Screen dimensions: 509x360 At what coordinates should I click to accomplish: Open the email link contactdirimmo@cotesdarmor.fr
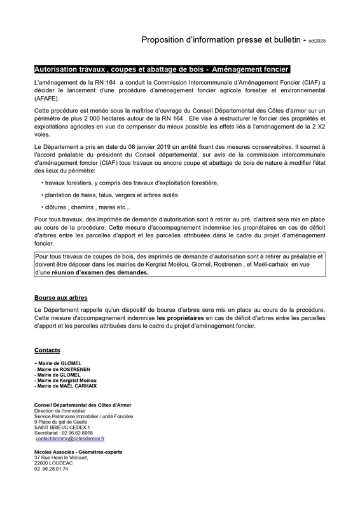pos(71,438)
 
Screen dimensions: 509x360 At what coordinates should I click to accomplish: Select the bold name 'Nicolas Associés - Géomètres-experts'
pos(78,452)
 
